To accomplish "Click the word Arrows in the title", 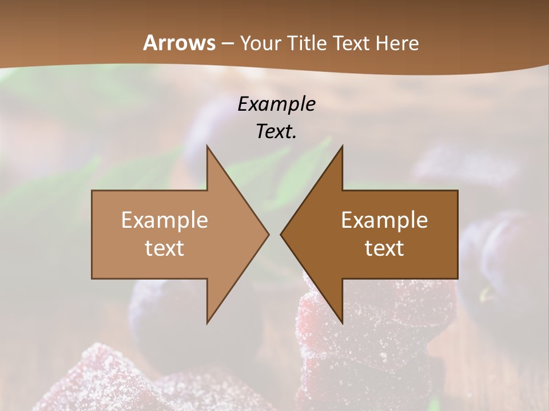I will (179, 43).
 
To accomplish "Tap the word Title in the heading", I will (308, 43).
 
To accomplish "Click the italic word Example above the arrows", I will (277, 104).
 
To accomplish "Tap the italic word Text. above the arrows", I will (277, 131).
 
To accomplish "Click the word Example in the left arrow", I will (165, 220).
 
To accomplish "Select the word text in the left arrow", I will (165, 248).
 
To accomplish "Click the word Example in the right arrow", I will (384, 220).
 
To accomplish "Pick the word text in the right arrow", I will (384, 248).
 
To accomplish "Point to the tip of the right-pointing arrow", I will (269, 234).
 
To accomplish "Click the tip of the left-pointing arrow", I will (281, 234).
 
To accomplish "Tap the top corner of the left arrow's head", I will (207, 146).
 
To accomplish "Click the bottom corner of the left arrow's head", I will (207, 323).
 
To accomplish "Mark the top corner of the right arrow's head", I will (342, 146).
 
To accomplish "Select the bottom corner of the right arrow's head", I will (342, 323).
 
